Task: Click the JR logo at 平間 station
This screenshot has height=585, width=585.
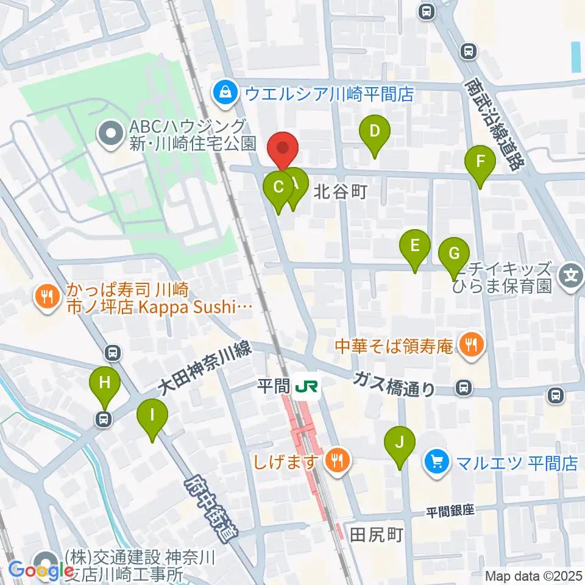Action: [302, 386]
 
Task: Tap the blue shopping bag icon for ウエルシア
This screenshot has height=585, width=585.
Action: [225, 93]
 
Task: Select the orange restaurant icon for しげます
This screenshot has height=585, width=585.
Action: [336, 459]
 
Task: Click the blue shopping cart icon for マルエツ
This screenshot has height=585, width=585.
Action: [436, 463]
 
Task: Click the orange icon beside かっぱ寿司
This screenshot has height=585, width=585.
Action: [46, 297]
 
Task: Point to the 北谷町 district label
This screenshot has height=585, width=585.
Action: [341, 193]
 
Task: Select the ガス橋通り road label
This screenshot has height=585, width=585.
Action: [395, 383]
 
